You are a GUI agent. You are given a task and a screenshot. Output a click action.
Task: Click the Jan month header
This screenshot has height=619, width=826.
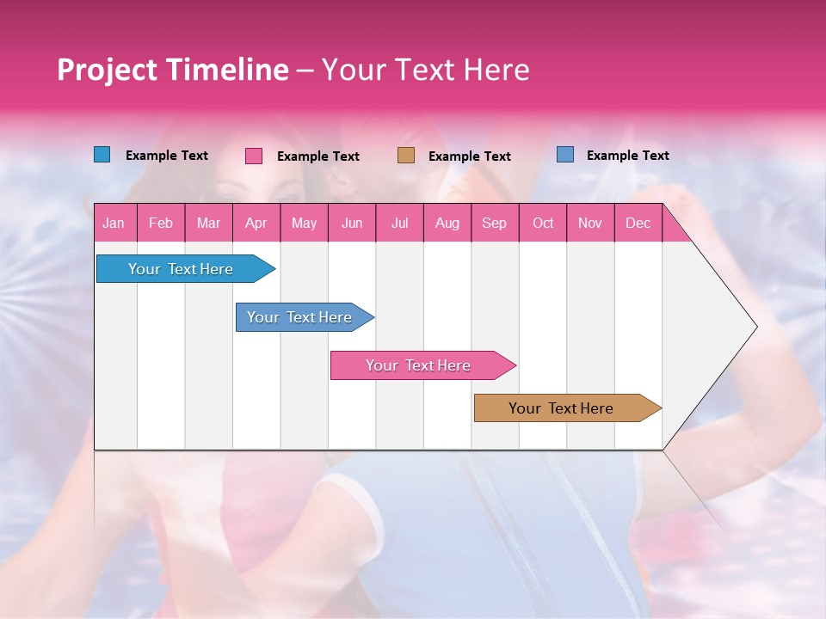114,224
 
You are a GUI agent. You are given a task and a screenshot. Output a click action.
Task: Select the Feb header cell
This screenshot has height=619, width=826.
161,224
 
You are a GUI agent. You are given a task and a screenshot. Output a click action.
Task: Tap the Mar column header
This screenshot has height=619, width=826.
208,224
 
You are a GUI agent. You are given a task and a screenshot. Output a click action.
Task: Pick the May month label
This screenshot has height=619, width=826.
304,224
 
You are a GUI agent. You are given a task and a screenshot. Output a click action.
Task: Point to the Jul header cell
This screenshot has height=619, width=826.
399,224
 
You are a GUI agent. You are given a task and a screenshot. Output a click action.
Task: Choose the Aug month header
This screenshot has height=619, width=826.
447,224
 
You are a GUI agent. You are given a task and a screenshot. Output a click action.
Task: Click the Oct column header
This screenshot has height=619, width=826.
543,224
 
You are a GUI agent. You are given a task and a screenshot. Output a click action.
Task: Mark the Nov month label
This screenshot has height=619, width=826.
590,224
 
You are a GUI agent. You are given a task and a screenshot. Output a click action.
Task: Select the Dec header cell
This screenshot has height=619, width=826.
638,224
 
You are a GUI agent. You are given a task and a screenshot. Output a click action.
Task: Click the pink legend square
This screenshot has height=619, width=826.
254,156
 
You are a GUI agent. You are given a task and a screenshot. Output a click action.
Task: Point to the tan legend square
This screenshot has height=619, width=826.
406,156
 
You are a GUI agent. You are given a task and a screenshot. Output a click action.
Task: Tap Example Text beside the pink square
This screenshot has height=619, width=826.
317,156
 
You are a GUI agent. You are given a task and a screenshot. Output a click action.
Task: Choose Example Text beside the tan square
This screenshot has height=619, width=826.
469,156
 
